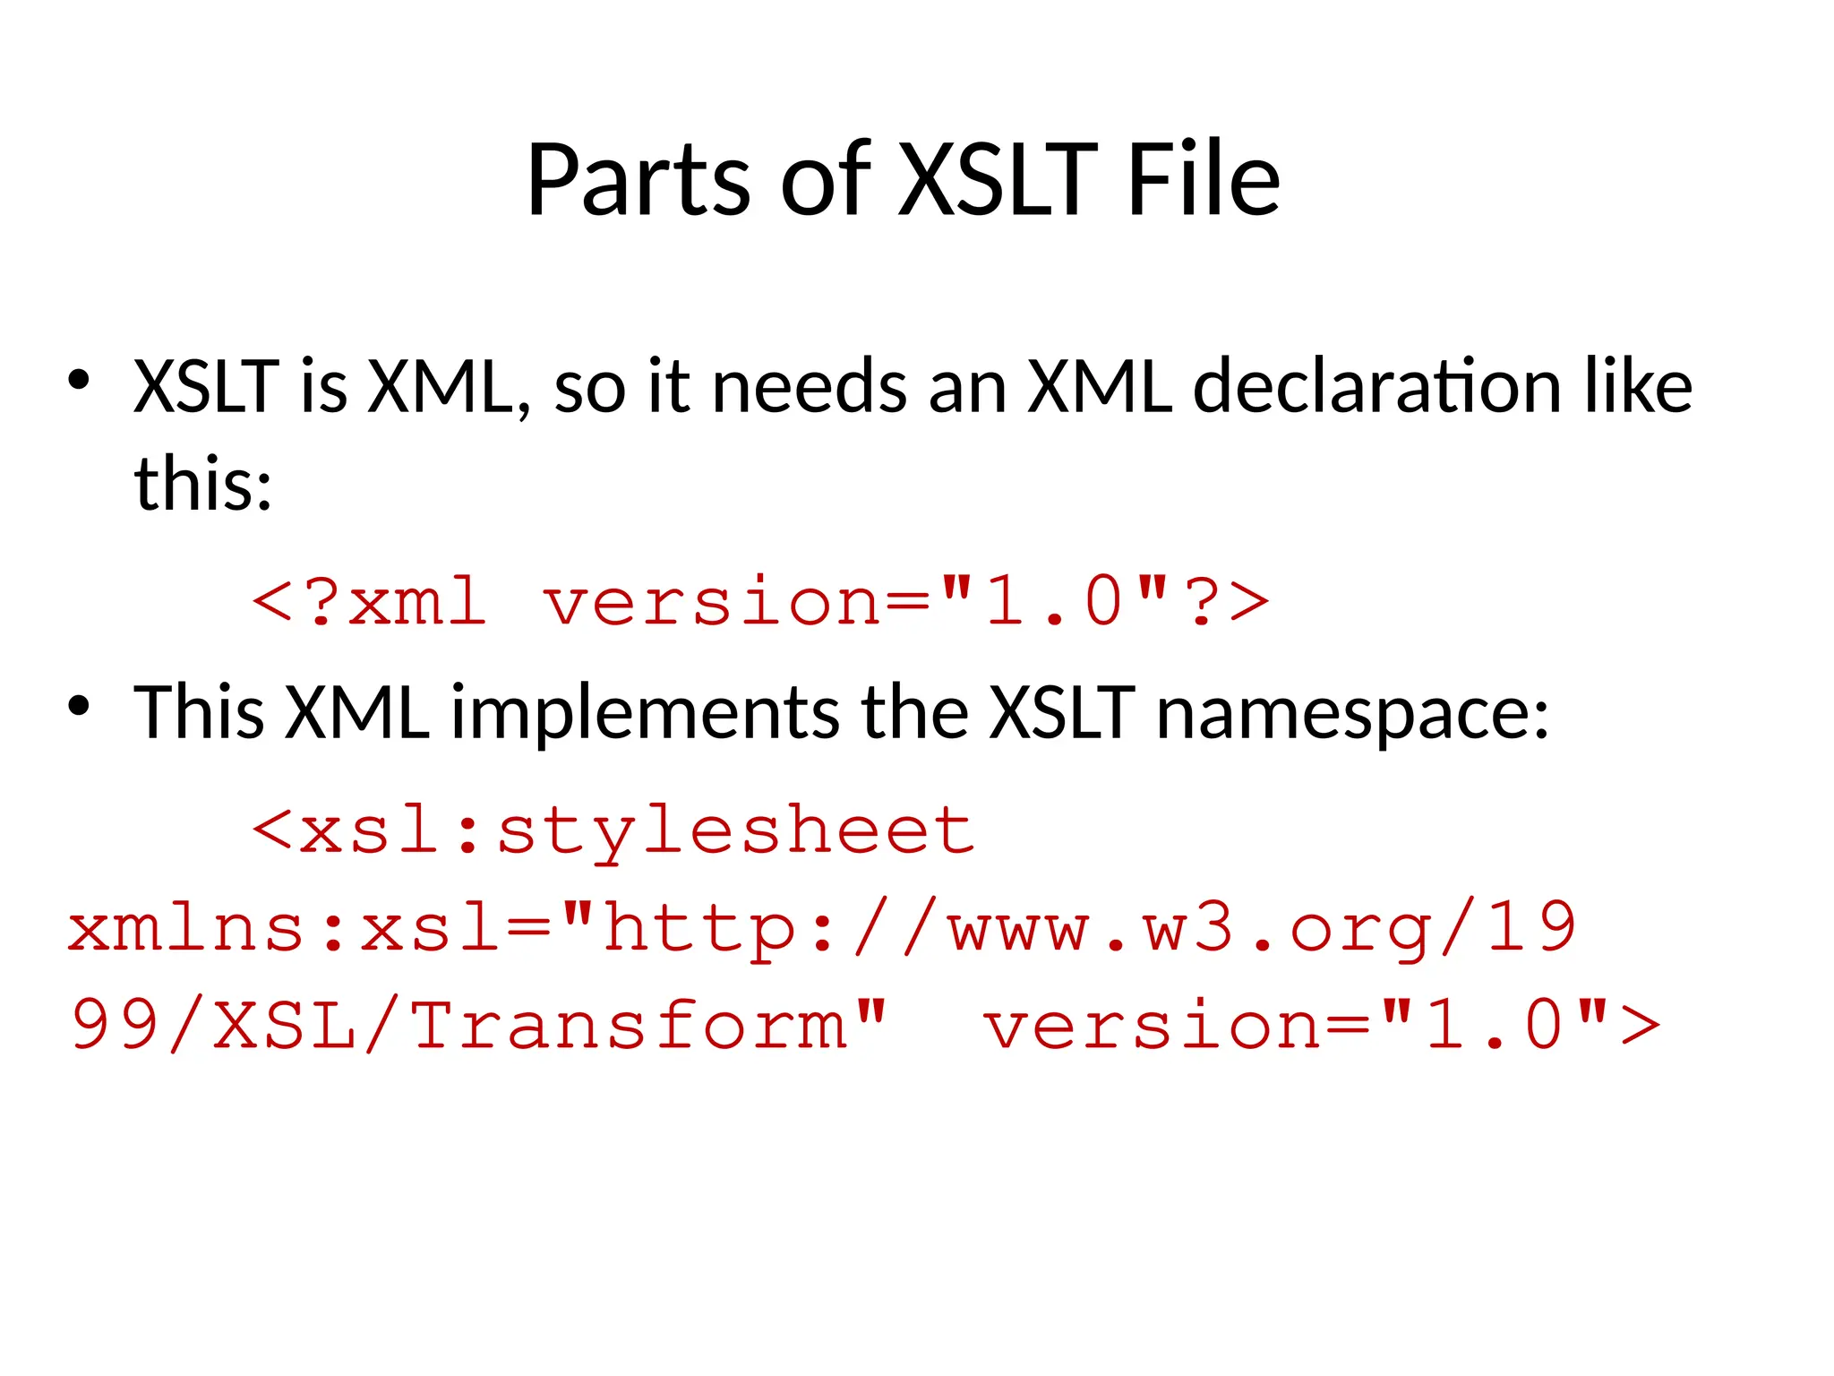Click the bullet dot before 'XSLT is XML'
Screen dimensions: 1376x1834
(x=79, y=381)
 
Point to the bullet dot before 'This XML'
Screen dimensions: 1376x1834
(x=79, y=707)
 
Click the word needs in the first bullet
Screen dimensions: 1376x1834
(x=809, y=387)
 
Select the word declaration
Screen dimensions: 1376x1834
(x=1377, y=387)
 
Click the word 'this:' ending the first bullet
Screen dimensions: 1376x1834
(x=202, y=484)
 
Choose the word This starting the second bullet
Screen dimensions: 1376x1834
(x=199, y=713)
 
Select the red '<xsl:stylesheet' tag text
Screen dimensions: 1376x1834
(x=613, y=831)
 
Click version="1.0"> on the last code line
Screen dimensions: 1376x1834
(x=1322, y=1025)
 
